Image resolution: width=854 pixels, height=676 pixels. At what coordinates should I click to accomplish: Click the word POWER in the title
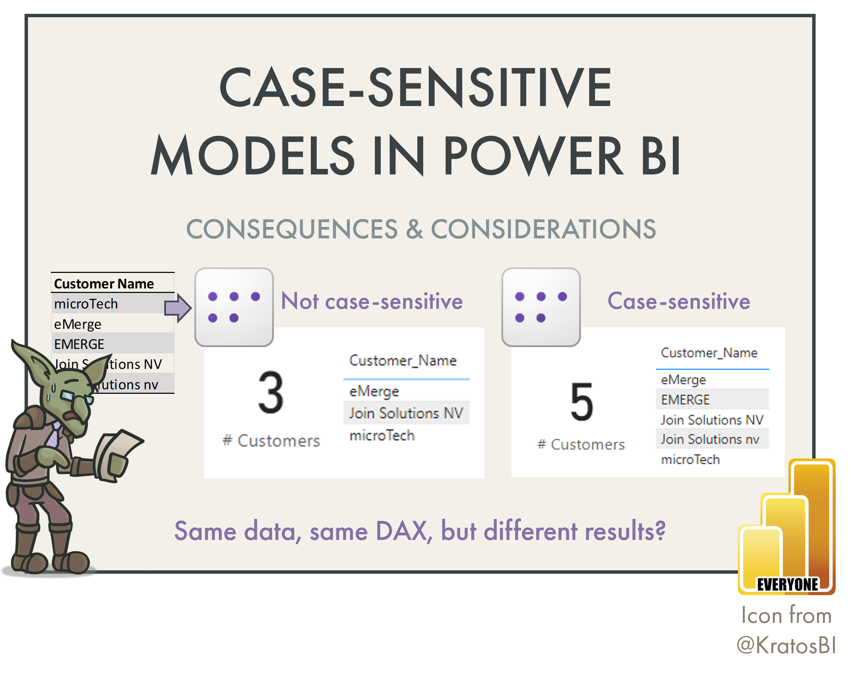coord(533,155)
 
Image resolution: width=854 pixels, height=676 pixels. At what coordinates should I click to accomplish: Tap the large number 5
coord(582,402)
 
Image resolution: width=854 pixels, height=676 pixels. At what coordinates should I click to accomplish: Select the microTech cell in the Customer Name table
coord(86,304)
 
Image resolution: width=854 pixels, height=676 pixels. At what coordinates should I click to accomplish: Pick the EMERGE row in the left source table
coord(79,344)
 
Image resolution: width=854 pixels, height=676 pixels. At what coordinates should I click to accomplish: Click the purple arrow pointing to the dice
coord(177,307)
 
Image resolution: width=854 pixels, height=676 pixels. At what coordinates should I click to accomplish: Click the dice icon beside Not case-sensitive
coord(234,307)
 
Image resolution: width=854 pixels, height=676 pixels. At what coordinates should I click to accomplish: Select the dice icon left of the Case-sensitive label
coord(541,307)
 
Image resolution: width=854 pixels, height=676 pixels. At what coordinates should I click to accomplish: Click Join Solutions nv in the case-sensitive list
coord(709,439)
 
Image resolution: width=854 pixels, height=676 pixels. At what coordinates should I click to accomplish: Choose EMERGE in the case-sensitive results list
coord(685,400)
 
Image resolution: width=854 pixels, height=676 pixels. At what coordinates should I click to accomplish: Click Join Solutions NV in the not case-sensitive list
coord(406,413)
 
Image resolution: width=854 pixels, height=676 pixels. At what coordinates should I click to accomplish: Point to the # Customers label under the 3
coord(271,441)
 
